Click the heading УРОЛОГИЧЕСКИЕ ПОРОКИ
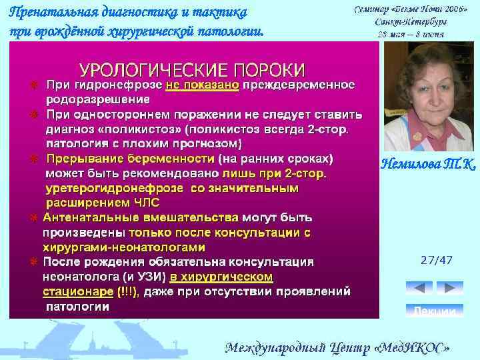click(x=193, y=70)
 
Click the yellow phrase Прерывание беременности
click(x=130, y=159)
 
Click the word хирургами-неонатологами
click(x=109, y=247)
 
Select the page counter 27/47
click(x=436, y=260)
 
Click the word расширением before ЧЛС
click(x=77, y=203)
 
